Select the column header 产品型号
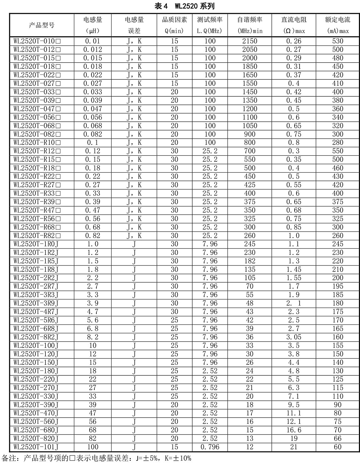tap(42, 25)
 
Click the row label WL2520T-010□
tap(37, 41)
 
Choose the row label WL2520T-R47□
tap(37, 210)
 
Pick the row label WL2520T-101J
tap(36, 447)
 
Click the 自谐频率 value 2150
tap(249, 41)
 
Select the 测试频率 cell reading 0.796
tap(210, 447)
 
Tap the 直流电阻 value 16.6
tap(294, 430)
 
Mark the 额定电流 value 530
tap(337, 41)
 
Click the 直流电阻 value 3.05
tap(294, 337)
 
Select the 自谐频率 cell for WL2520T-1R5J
tap(249, 261)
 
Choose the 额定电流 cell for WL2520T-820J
tap(337, 439)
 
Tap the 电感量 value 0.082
tap(93, 134)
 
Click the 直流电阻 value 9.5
tap(294, 405)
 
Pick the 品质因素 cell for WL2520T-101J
tap(174, 447)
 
